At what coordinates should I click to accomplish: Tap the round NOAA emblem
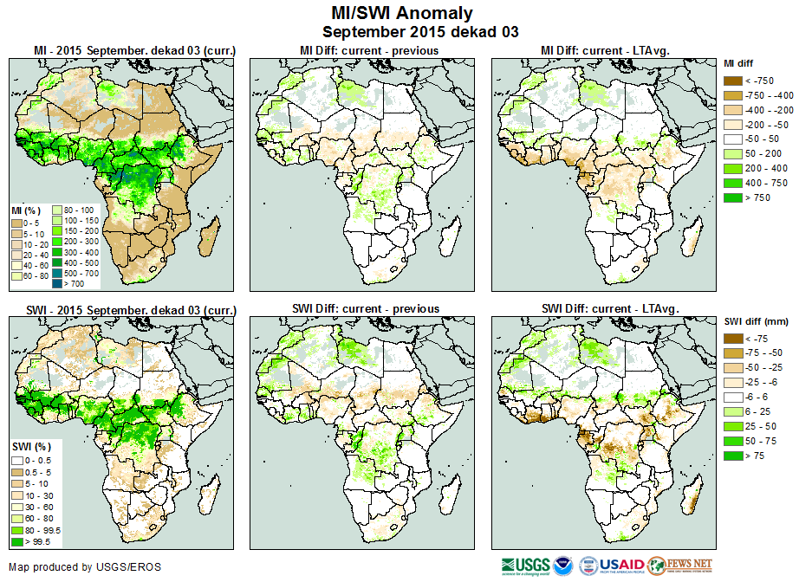tap(564, 566)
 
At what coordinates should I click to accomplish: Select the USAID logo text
tap(620, 566)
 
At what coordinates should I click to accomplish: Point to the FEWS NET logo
tap(679, 566)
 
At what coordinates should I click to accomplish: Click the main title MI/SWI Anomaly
tap(402, 12)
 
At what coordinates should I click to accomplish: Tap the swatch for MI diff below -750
tap(733, 81)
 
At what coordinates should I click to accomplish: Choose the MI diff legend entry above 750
tap(733, 198)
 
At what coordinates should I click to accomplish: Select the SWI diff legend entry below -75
tap(733, 339)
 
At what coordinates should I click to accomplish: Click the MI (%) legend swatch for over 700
tap(56, 283)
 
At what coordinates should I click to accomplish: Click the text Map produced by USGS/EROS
tap(85, 567)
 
